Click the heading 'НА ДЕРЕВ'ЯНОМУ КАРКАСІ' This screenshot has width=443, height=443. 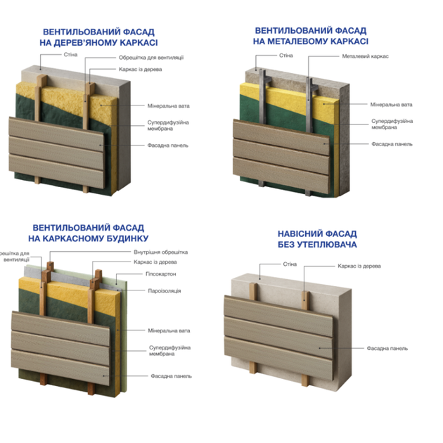[98, 43]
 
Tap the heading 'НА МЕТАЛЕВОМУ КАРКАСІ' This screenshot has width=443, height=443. [311, 41]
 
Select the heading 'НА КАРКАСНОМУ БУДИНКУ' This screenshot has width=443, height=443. [89, 238]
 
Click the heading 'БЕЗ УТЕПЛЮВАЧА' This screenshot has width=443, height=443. [317, 245]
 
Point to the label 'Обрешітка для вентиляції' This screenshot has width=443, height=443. [151, 58]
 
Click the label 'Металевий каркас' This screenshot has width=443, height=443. [366, 56]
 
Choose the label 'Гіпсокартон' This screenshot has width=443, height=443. [161, 274]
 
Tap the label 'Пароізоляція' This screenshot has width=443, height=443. [165, 290]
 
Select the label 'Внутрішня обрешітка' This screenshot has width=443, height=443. [161, 252]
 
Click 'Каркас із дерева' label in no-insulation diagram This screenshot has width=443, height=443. [359, 266]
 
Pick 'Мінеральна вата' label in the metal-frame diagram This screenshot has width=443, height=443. [391, 105]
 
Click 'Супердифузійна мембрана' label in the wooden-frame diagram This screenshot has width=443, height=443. [168, 125]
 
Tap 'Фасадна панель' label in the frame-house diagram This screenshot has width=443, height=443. [171, 376]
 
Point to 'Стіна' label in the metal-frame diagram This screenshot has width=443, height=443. [286, 56]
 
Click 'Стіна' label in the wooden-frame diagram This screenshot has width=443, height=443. [70, 55]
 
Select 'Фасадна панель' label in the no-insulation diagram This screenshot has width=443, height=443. [387, 348]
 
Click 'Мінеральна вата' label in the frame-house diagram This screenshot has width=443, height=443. [169, 330]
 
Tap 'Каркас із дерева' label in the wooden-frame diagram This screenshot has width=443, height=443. [141, 69]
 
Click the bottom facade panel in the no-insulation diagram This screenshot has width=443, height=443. [278, 358]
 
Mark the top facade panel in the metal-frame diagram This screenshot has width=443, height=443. [281, 136]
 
